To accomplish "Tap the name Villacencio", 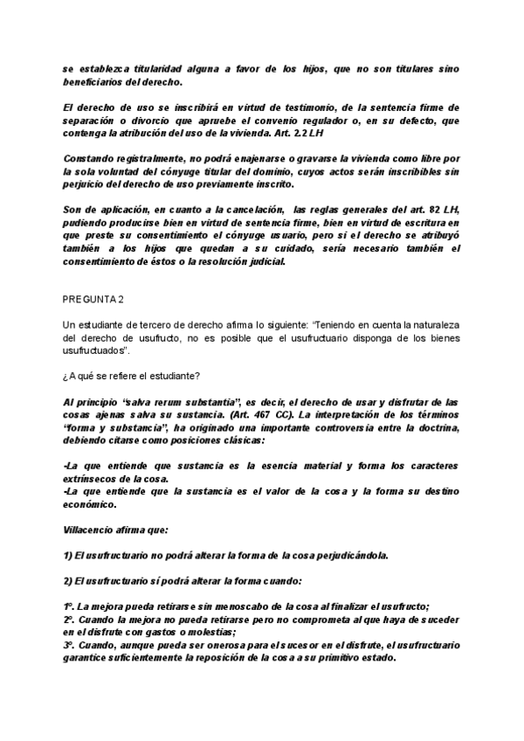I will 93,530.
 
